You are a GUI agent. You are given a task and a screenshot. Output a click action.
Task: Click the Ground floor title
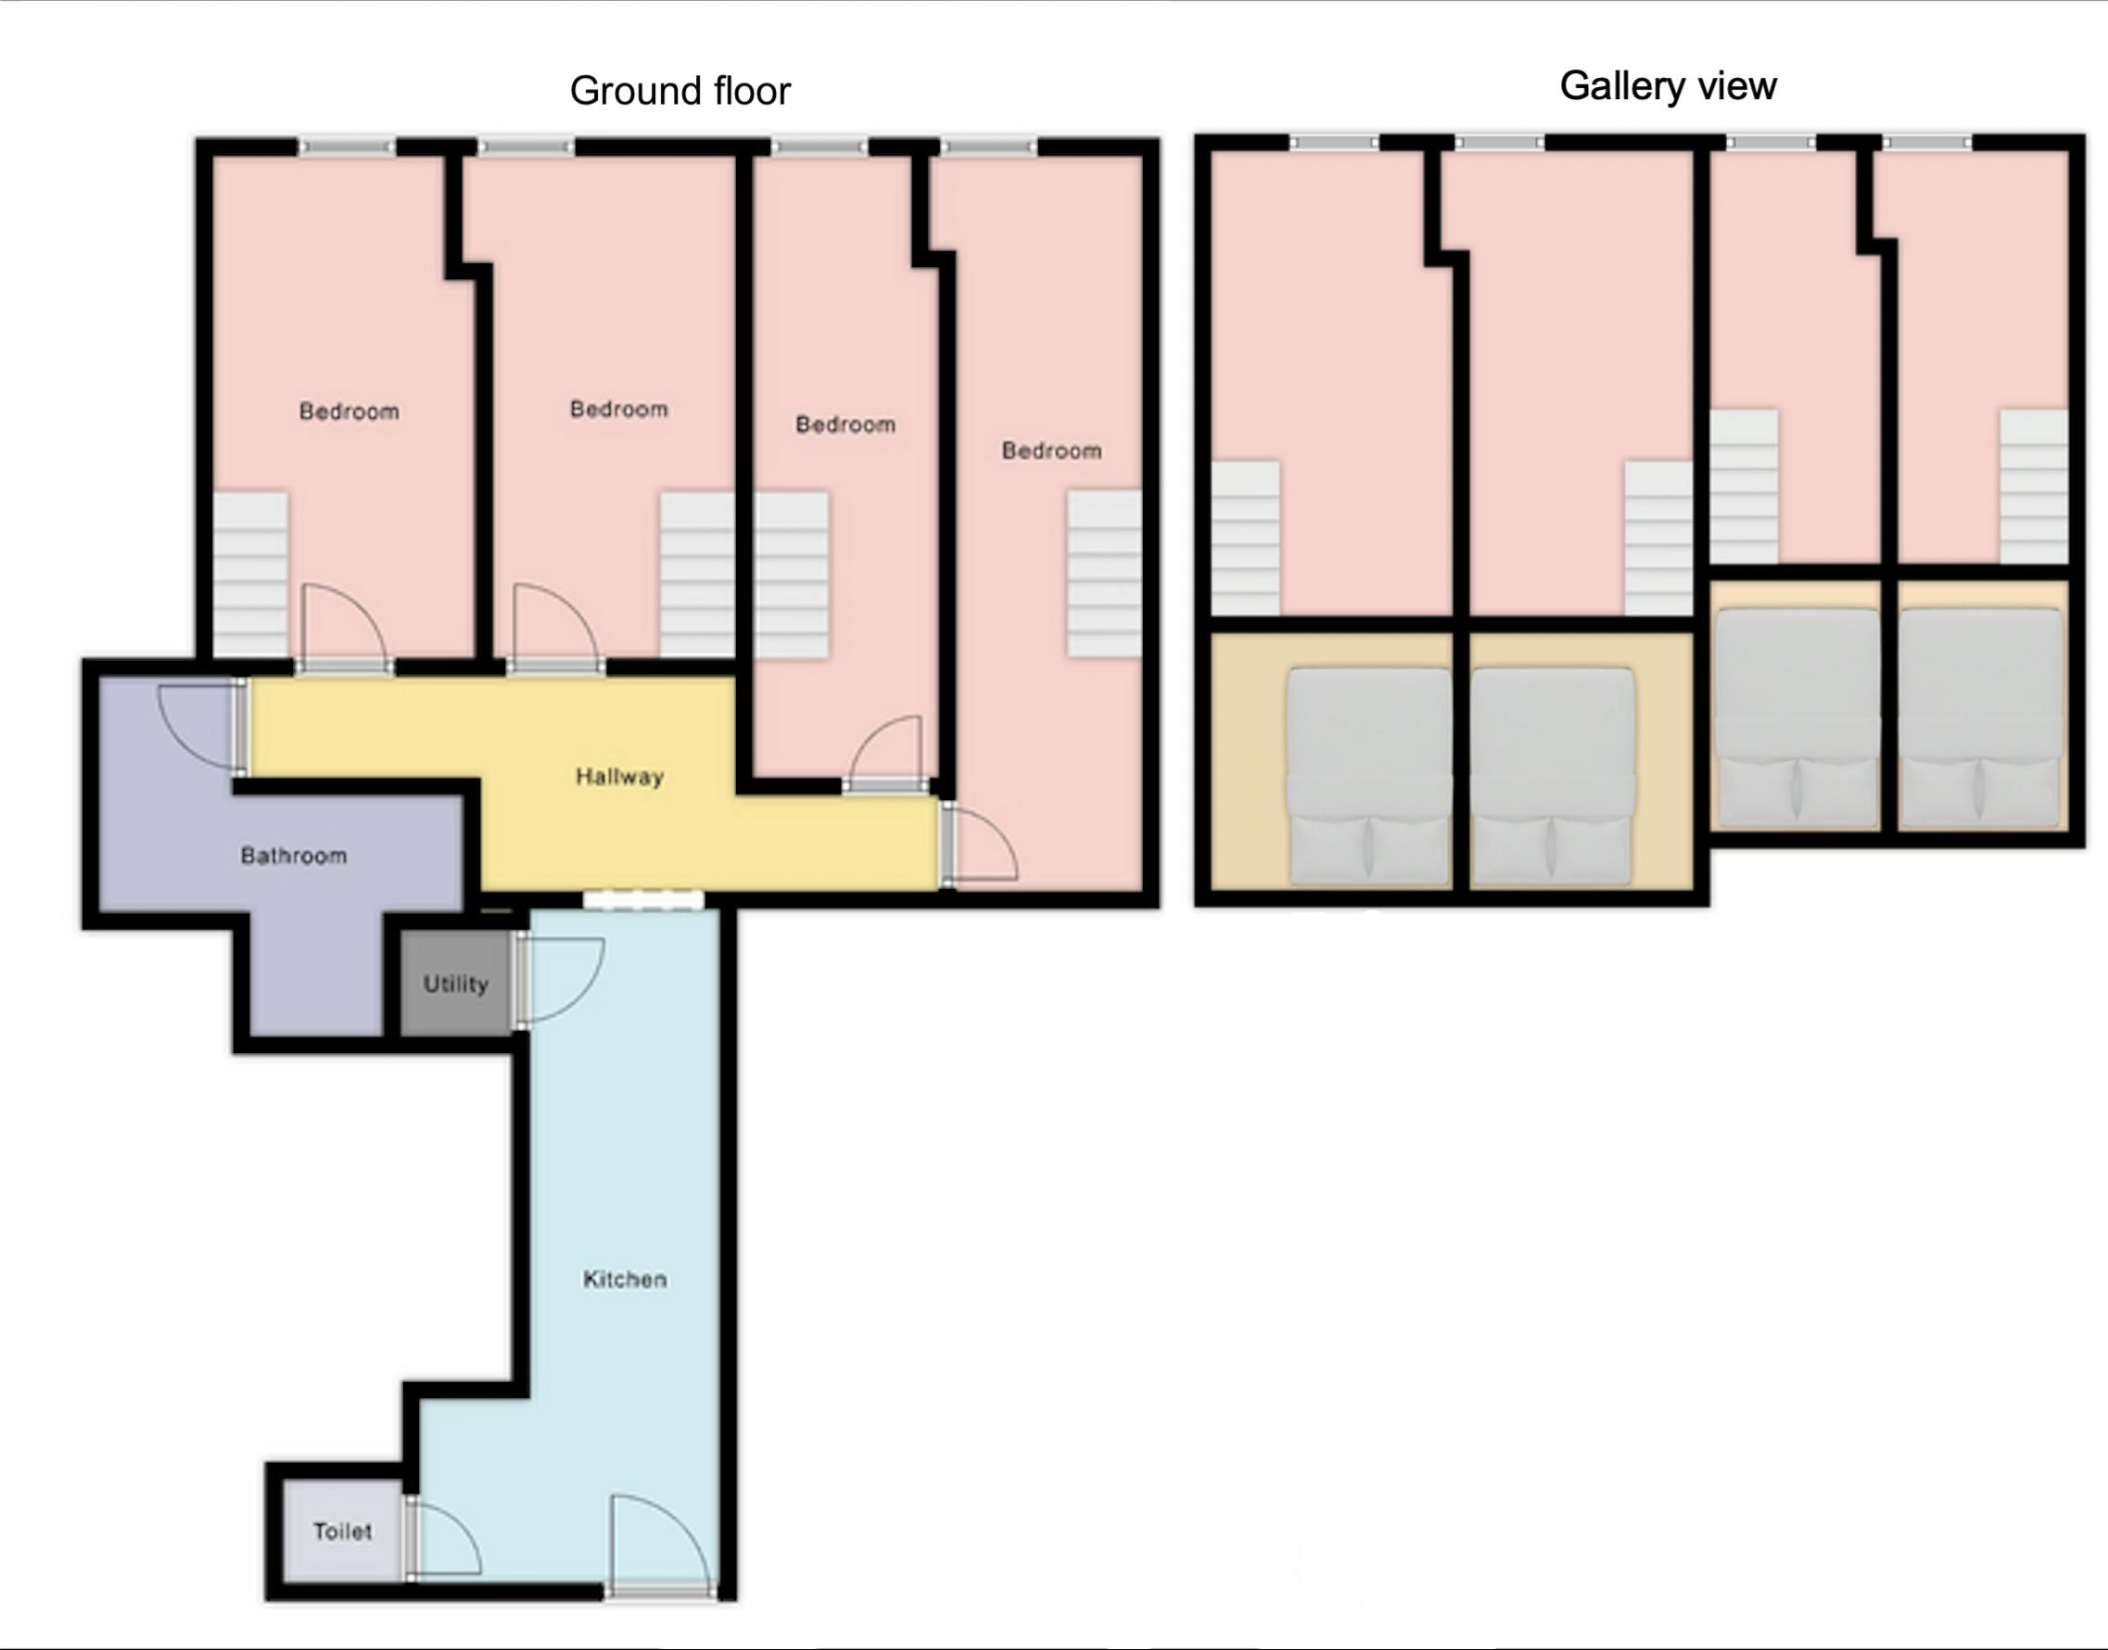[x=679, y=91]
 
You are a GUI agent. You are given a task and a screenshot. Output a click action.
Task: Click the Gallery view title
[x=1668, y=86]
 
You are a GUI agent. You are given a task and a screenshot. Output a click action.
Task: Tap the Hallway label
[x=619, y=777]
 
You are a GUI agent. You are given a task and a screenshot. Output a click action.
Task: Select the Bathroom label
[x=293, y=856]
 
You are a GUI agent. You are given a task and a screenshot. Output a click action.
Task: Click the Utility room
[x=455, y=984]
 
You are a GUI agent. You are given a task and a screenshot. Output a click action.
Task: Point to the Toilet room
[x=342, y=1531]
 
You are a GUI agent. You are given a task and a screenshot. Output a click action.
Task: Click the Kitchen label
[x=624, y=1279]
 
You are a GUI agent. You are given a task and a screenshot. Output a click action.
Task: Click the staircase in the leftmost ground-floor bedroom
[x=250, y=575]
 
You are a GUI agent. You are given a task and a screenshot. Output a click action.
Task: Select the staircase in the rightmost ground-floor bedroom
[x=1103, y=575]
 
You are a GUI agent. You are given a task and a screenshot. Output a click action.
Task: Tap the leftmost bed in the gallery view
[x=1369, y=776]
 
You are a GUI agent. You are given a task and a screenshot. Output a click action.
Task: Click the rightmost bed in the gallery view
[x=1980, y=717]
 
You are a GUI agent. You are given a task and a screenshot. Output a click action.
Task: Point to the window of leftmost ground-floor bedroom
[x=347, y=146]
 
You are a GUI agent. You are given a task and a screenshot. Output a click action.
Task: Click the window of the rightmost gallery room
[x=1926, y=143]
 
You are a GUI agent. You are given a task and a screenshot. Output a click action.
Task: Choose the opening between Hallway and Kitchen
[x=643, y=900]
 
